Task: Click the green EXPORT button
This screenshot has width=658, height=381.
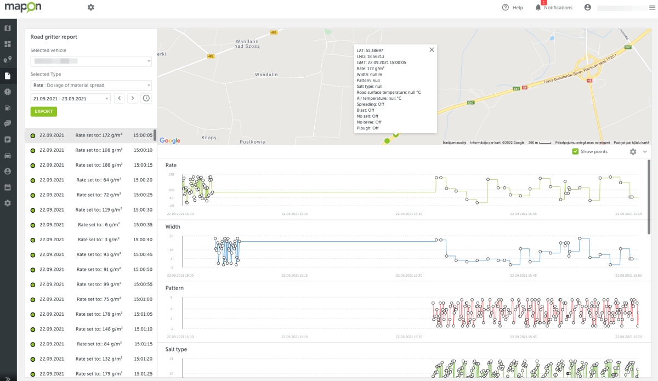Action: (44, 111)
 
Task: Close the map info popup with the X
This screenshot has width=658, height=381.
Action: (432, 50)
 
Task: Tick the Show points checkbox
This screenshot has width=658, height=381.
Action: (575, 151)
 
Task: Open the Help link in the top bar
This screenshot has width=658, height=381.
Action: (512, 8)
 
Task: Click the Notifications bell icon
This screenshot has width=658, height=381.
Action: (538, 8)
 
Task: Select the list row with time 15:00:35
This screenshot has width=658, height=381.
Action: (91, 225)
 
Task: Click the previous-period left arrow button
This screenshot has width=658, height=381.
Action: (120, 99)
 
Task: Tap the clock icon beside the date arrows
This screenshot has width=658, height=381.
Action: (146, 99)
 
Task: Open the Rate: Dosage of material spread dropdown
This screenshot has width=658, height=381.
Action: (91, 86)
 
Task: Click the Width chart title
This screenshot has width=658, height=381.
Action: (173, 226)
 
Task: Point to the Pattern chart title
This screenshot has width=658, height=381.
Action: (174, 288)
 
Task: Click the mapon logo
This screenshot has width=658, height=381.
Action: (23, 8)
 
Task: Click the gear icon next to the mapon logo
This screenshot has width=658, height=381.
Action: (90, 7)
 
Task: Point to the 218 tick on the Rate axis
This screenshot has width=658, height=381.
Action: (171, 174)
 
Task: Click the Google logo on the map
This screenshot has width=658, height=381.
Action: (170, 141)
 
